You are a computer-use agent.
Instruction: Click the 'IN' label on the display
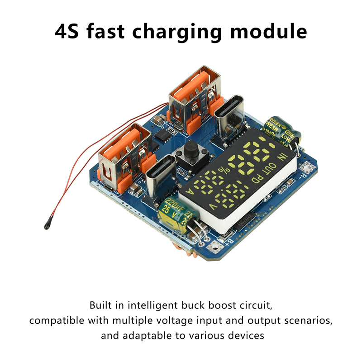coord(283,158)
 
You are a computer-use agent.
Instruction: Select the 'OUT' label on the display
coord(267,168)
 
